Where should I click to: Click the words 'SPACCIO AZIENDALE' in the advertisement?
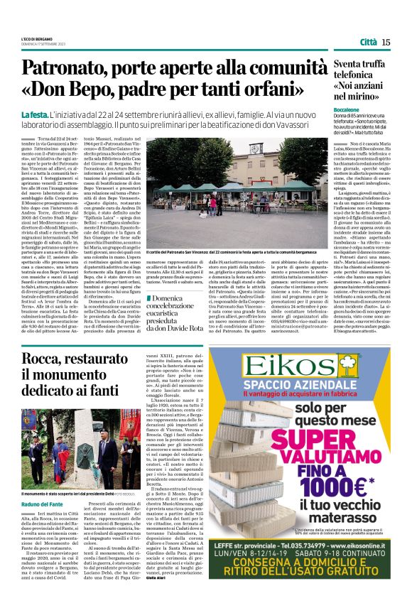point(286,388)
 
